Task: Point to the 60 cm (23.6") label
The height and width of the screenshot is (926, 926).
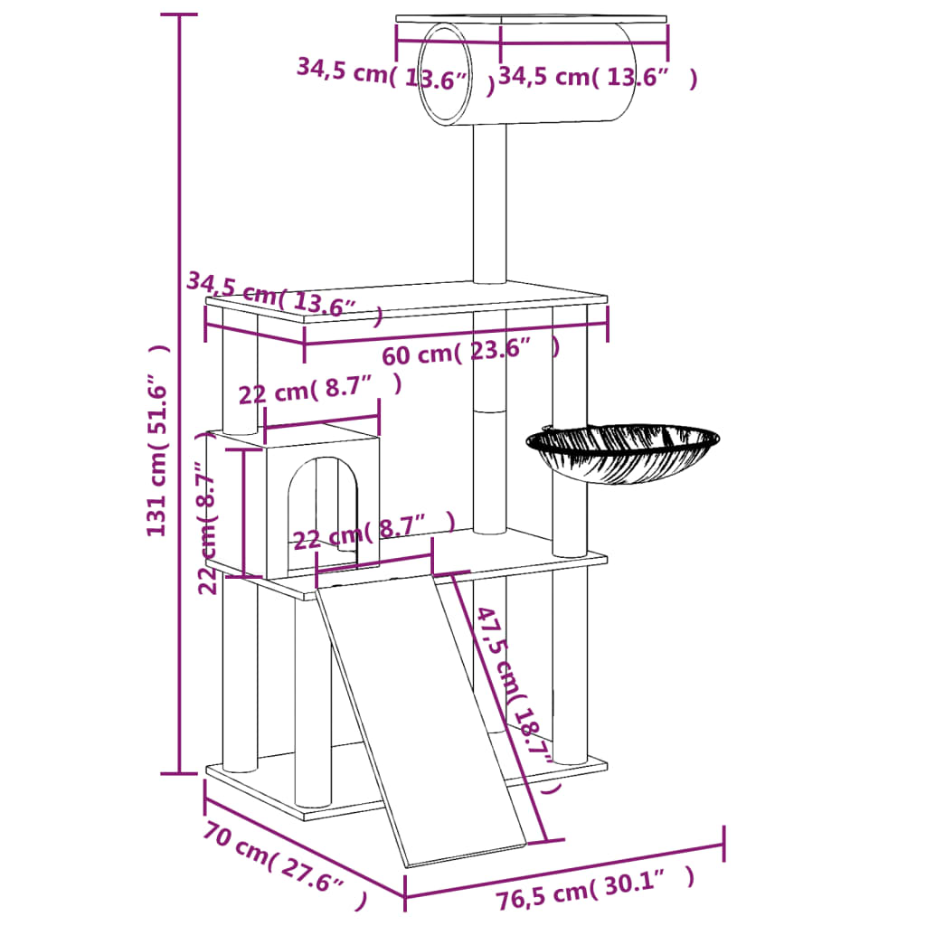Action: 470,350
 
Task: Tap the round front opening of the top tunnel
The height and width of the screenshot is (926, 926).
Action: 444,75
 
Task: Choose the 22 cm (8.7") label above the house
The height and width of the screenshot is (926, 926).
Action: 318,391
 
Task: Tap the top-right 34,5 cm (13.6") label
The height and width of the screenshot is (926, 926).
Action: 597,77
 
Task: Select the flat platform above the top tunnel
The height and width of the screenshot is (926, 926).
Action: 531,20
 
